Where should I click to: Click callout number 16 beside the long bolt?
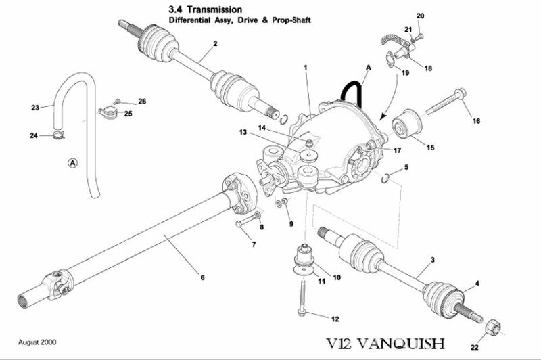click(476, 121)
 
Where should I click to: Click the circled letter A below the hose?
click(72, 162)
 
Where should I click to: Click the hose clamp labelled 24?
click(60, 139)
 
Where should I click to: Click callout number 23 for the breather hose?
click(36, 106)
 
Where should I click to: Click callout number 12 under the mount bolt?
click(334, 319)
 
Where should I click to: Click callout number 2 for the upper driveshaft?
click(214, 45)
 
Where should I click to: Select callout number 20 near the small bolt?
click(419, 16)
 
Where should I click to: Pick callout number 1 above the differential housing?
click(306, 68)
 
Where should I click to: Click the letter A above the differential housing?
click(368, 68)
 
